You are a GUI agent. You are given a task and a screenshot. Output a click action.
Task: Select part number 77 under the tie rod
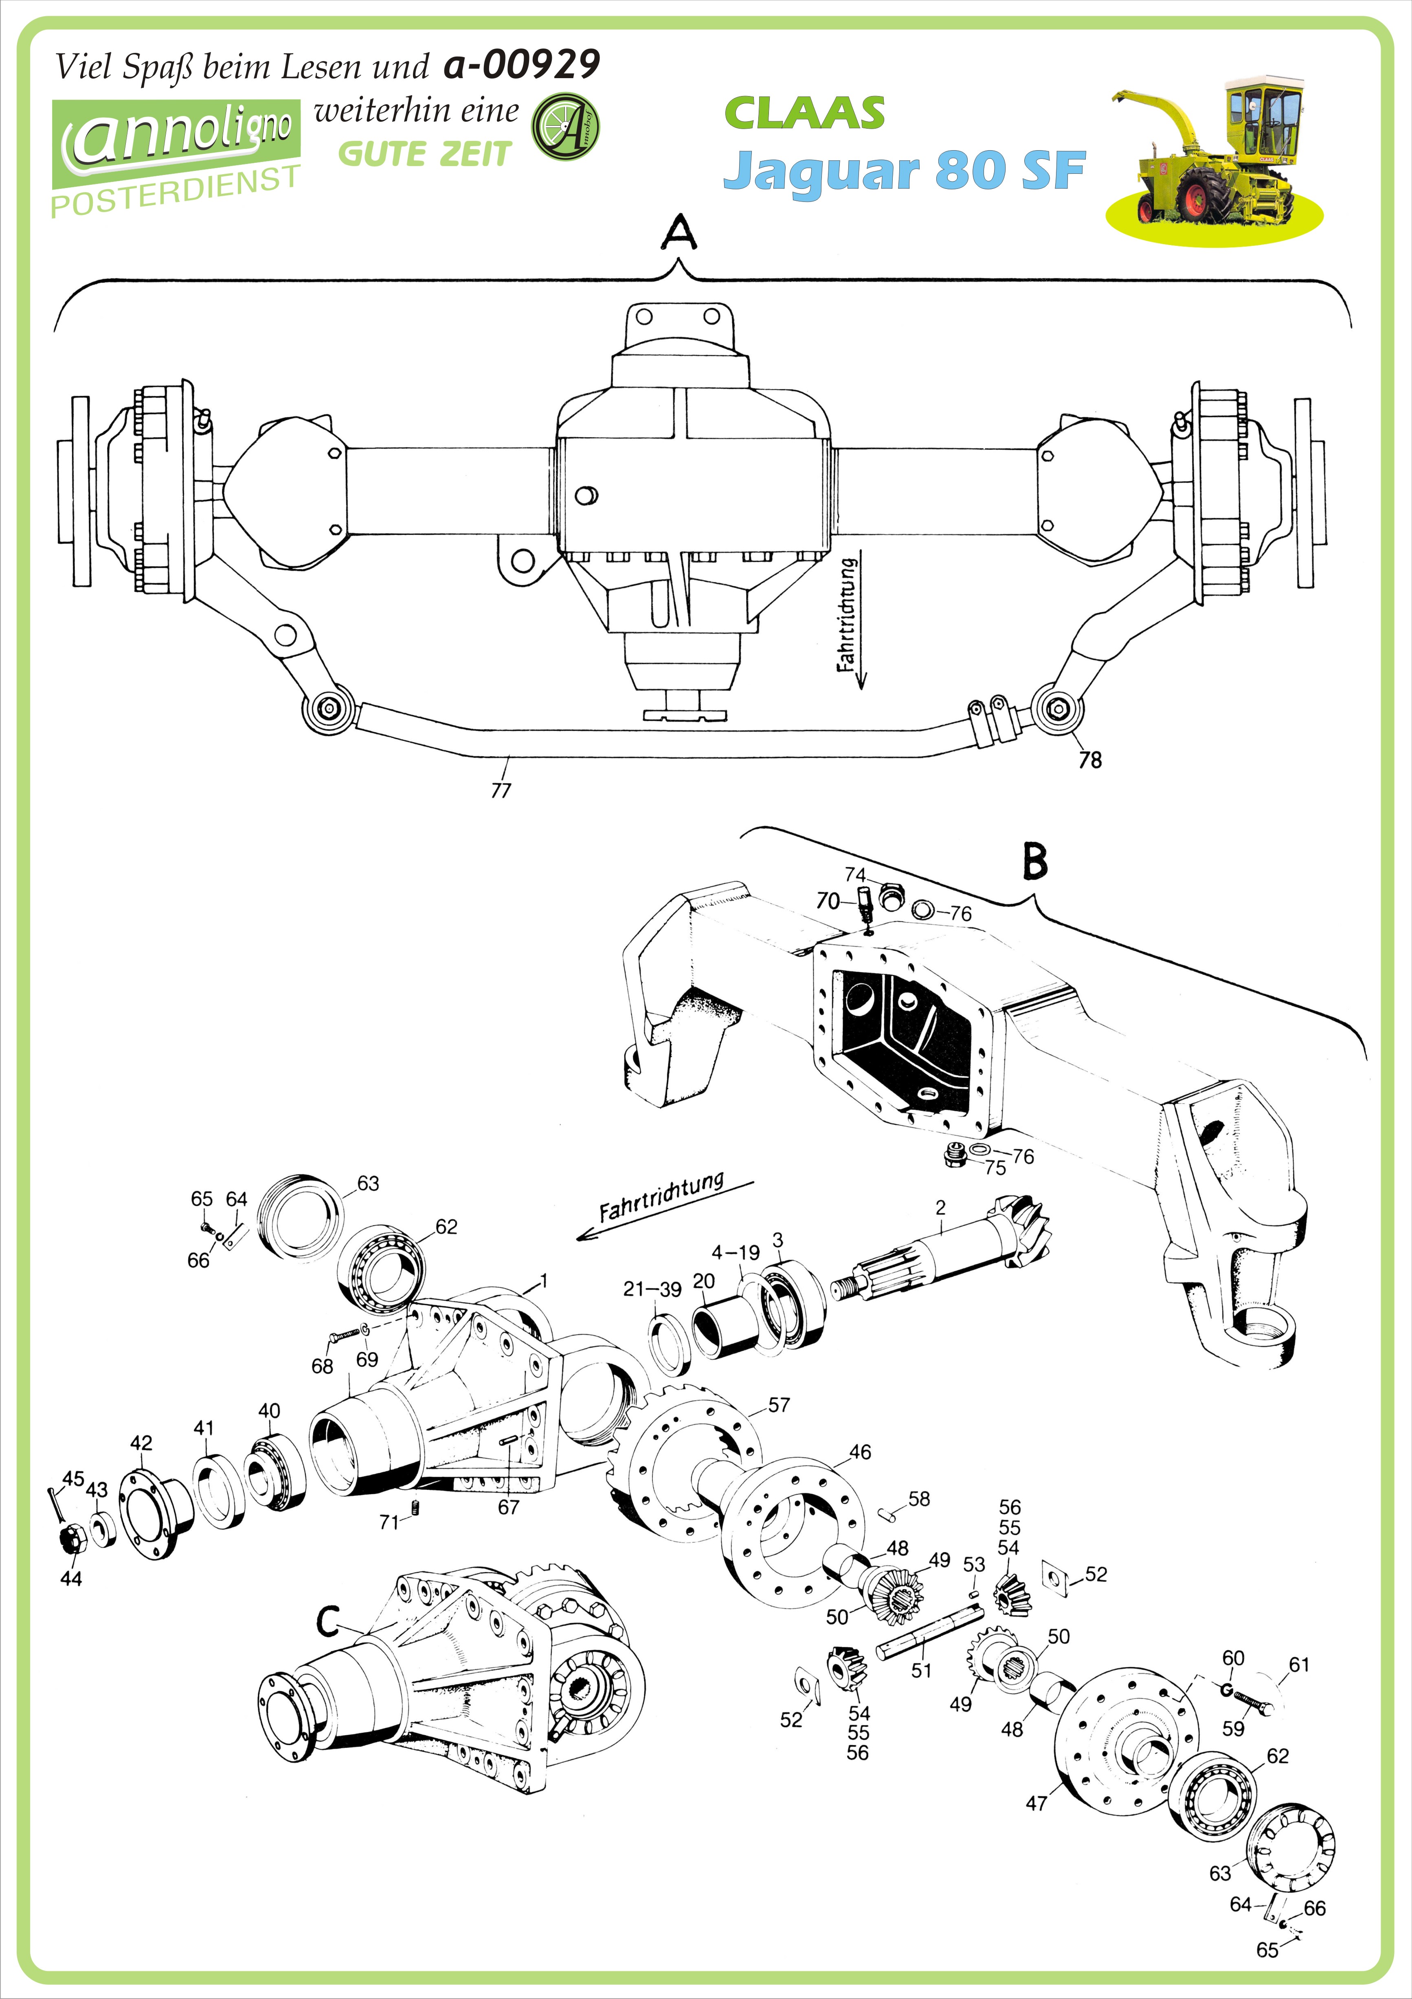coord(501,790)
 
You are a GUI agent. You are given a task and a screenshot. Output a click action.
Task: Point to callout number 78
coord(1090,760)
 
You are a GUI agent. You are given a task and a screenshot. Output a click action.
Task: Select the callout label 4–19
coord(735,1252)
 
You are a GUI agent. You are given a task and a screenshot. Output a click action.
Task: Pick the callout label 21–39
coord(652,1290)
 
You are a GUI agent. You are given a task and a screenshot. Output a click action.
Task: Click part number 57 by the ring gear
coord(779,1404)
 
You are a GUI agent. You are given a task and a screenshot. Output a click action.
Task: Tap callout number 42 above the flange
coord(141,1443)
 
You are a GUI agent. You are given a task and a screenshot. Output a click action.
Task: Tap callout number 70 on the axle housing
coord(828,900)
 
